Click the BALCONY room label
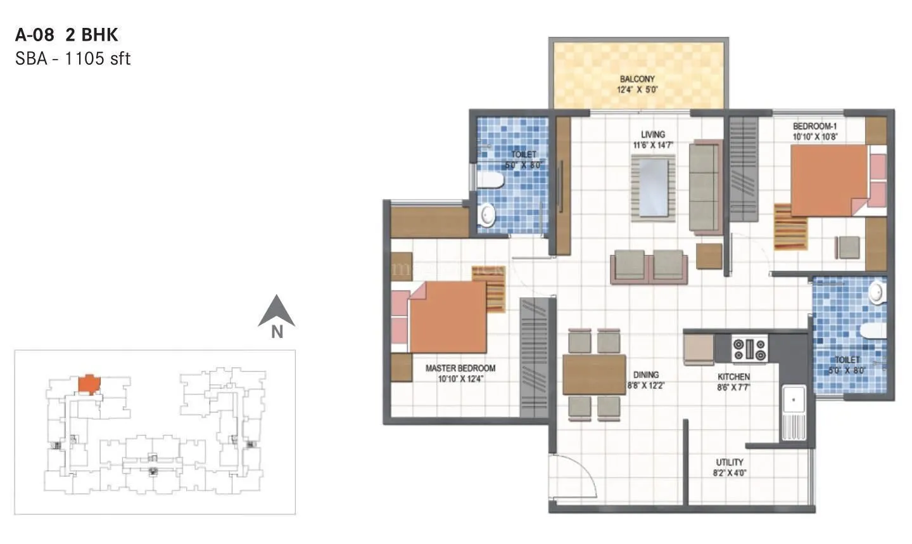click(x=637, y=79)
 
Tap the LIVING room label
click(x=652, y=134)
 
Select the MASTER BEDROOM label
click(x=460, y=368)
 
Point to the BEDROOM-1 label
click(x=814, y=126)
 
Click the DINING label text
click(x=645, y=375)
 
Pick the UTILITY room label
click(x=730, y=462)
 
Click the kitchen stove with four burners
click(x=749, y=347)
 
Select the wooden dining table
click(x=593, y=374)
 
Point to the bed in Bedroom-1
click(x=830, y=181)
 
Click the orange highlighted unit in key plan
click(x=89, y=384)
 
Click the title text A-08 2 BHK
click(x=66, y=34)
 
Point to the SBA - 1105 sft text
click(x=73, y=58)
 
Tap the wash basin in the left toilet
click(x=486, y=214)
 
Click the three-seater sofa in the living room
click(x=704, y=186)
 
